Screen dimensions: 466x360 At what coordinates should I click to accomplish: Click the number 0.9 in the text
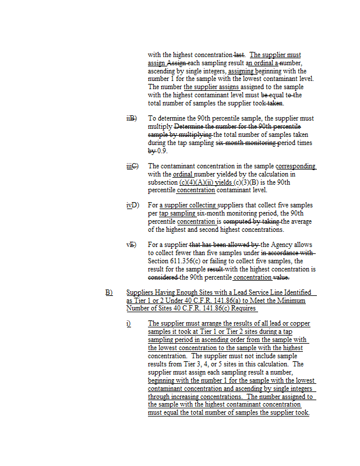coord(161,151)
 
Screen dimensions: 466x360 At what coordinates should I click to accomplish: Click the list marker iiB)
coord(131,118)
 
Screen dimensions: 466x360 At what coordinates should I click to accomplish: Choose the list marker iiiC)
coord(132,166)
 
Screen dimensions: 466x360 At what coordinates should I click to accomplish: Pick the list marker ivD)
coord(132,205)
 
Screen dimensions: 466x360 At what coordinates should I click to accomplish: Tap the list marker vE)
coord(132,245)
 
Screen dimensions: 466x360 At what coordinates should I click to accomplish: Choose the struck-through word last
coord(239,55)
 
